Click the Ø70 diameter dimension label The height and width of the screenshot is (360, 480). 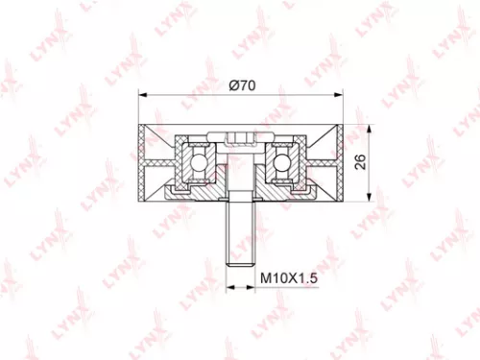(241, 86)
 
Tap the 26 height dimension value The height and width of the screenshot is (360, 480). (360, 163)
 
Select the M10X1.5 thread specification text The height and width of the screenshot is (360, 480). (288, 278)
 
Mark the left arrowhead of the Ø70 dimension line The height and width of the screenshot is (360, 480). (145, 95)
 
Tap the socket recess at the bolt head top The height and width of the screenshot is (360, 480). (240, 135)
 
